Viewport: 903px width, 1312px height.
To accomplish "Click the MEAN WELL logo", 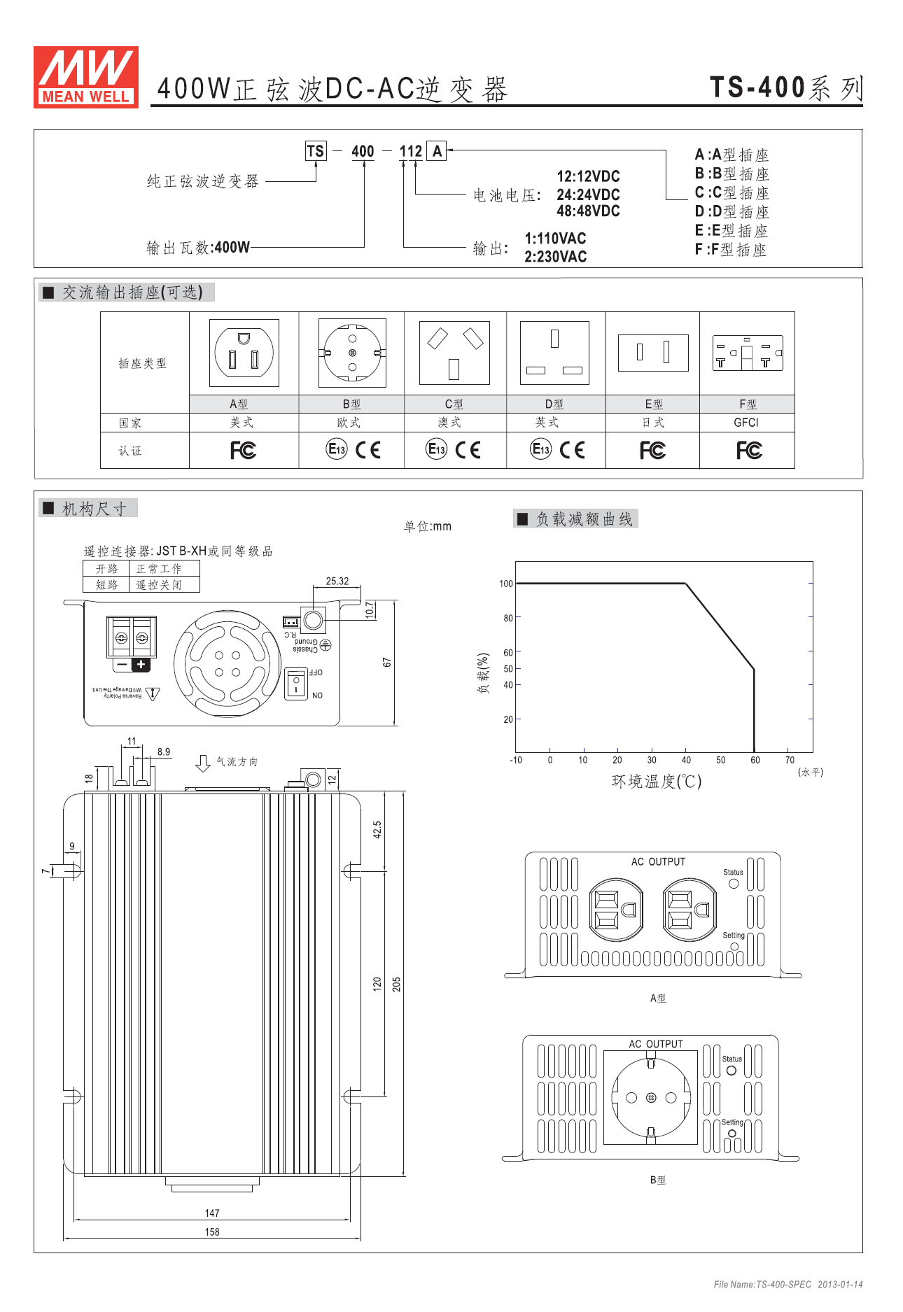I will tap(85, 77).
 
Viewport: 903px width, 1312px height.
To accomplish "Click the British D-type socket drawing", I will tap(554, 353).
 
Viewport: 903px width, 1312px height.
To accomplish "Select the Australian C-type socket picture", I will tap(454, 353).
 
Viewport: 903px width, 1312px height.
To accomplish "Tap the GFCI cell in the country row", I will tap(746, 423).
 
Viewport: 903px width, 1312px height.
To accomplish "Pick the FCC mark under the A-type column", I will tap(244, 450).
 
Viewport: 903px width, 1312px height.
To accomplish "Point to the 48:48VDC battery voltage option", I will tap(588, 211).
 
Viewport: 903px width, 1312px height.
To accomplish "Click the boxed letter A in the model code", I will tap(437, 151).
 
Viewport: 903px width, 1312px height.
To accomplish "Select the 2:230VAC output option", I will tap(555, 257).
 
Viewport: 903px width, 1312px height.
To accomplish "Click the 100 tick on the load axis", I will tap(505, 584).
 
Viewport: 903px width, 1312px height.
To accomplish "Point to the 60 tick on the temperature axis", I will tap(755, 760).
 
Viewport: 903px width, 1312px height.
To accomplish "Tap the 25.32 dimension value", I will tap(337, 581).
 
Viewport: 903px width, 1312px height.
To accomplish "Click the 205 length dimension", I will tap(396, 984).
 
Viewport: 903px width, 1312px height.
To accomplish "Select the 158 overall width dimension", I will tap(212, 1232).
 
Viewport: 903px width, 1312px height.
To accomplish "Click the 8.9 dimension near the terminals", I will tap(164, 752).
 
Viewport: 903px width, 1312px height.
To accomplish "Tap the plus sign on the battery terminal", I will tap(141, 665).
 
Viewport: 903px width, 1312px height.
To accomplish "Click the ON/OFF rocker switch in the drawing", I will tap(296, 683).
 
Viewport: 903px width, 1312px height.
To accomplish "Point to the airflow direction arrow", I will tap(203, 763).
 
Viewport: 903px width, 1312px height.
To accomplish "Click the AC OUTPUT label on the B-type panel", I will tap(655, 1044).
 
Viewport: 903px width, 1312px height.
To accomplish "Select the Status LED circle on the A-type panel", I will tap(734, 883).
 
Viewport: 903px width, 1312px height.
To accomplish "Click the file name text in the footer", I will tap(762, 1284).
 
